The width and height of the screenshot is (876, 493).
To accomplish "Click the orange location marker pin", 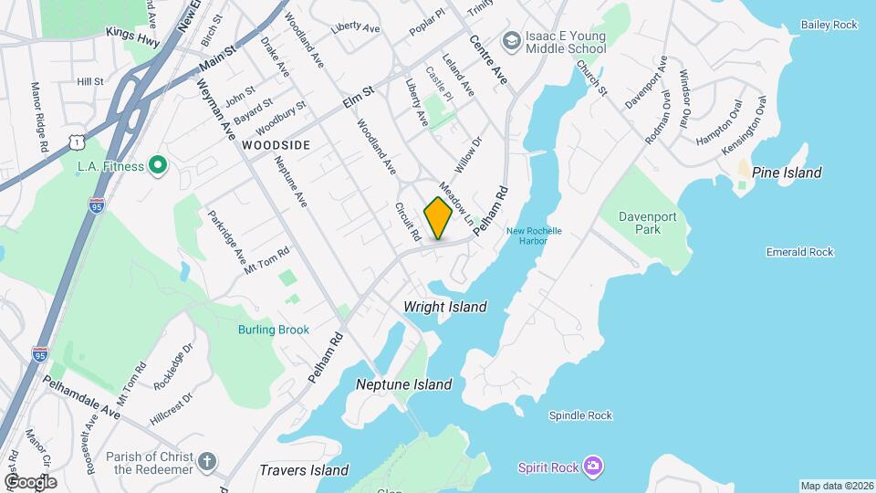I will point(438,217).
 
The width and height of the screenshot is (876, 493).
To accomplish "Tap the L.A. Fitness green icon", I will point(158,166).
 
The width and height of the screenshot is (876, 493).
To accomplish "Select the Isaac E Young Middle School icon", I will point(512,41).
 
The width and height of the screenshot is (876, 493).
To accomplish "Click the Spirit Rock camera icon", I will point(594,467).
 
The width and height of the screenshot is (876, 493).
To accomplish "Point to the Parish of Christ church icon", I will point(207,463).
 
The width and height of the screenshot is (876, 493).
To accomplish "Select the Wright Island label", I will point(445,307).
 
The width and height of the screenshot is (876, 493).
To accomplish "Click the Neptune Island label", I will point(404,384).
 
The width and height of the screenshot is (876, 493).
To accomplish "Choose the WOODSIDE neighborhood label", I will point(276,145).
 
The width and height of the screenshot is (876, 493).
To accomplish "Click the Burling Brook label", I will point(274,330).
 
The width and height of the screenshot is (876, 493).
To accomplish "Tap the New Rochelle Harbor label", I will point(527,235).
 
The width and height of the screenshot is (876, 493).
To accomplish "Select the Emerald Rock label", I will point(800,252).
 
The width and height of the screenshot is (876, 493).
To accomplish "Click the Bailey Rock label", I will point(829,25).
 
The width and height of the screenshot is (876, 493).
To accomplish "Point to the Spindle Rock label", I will point(580,415).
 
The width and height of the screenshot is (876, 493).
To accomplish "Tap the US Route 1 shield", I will point(78,140).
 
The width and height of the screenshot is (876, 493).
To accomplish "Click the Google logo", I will point(30,481).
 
